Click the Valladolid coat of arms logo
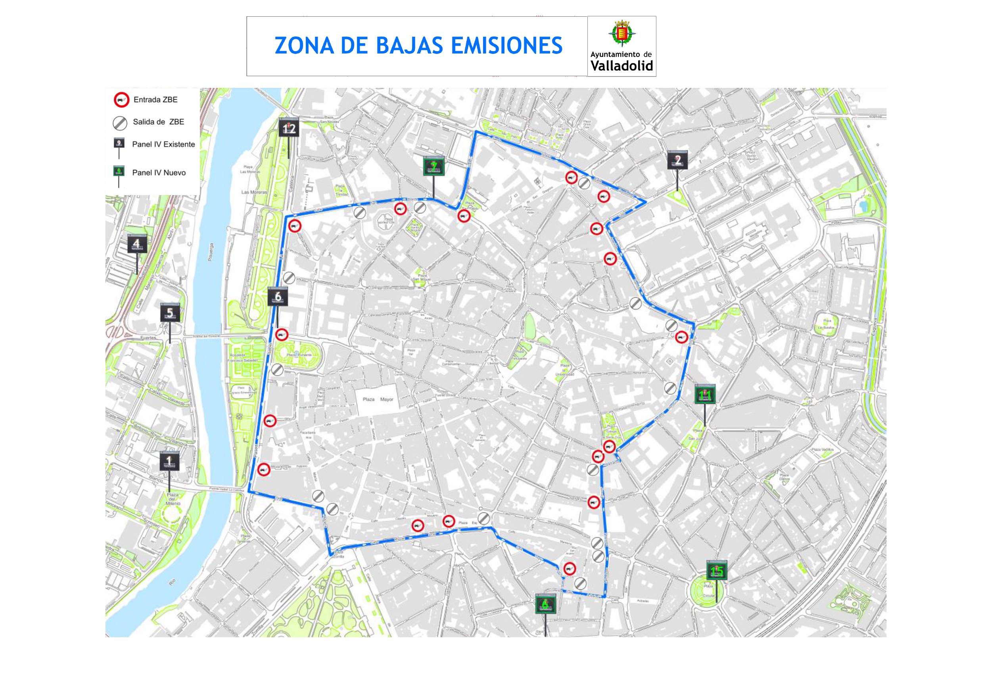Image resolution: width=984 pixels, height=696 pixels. [x=622, y=33]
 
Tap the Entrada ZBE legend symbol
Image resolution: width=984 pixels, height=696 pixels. [x=121, y=100]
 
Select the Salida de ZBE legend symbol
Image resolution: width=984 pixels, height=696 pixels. [x=120, y=123]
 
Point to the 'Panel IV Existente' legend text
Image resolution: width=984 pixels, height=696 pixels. [x=163, y=144]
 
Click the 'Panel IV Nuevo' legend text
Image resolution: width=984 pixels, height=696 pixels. [x=159, y=173]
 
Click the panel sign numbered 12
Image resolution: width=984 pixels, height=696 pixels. [x=289, y=127]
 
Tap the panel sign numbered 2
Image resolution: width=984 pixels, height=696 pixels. [x=677, y=160]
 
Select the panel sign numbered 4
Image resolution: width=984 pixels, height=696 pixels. [x=137, y=244]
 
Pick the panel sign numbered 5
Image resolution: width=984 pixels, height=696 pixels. [x=170, y=313]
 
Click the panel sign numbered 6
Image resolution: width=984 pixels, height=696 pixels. [x=278, y=297]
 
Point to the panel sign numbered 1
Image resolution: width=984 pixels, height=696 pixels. [x=169, y=461]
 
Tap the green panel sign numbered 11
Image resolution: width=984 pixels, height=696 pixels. [x=704, y=394]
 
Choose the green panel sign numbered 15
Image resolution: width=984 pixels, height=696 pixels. [x=717, y=570]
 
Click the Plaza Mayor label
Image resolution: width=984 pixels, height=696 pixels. [x=378, y=399]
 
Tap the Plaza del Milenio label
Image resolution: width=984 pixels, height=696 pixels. [x=173, y=499]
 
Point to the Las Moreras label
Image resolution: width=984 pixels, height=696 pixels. [x=254, y=192]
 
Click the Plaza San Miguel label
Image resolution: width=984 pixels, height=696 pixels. [x=421, y=277]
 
